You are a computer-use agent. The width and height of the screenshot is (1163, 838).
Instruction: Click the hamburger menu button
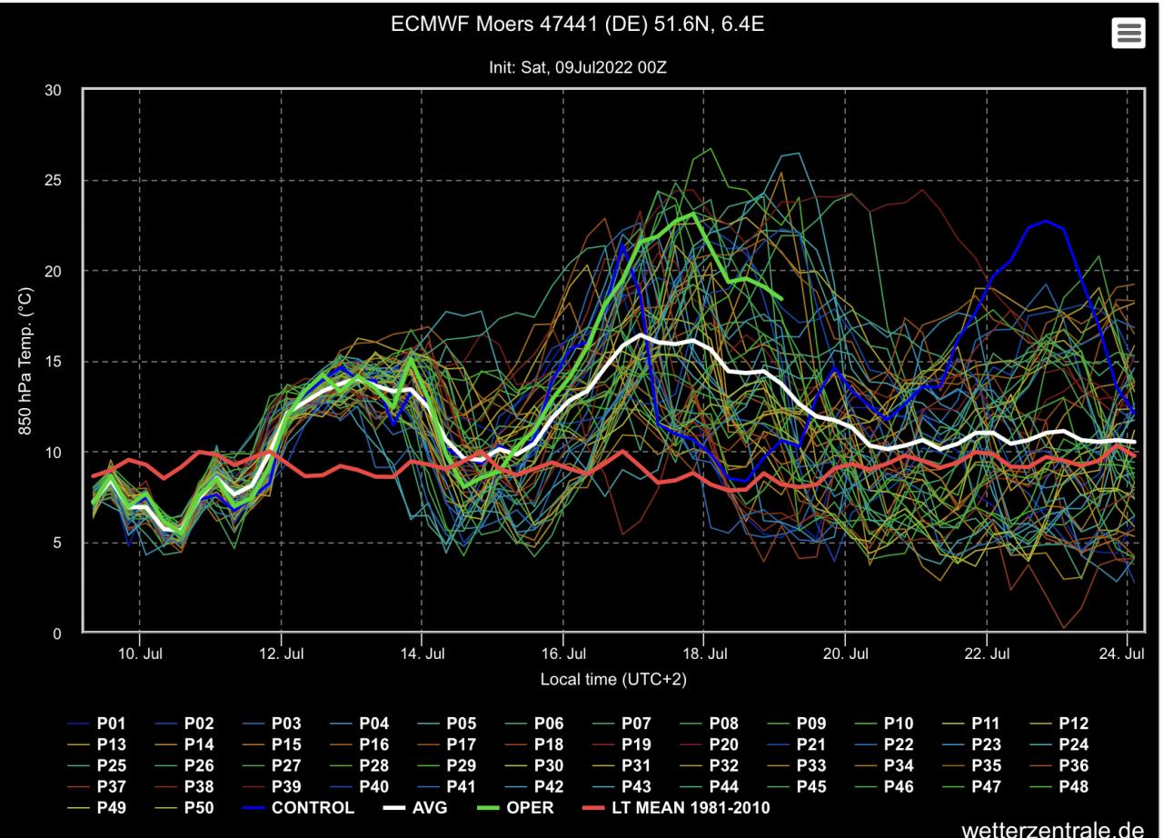click(x=1128, y=34)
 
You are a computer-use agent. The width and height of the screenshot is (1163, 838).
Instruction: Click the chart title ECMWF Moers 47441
click(x=577, y=25)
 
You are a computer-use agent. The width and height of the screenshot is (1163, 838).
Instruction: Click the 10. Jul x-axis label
click(x=140, y=653)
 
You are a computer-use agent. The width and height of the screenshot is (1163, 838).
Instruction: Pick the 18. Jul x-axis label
click(x=704, y=653)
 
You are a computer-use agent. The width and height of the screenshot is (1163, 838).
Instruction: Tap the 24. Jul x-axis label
click(x=1127, y=653)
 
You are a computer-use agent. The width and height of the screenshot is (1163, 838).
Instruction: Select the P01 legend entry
click(x=111, y=724)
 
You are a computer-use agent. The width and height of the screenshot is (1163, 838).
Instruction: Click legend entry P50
click(x=198, y=807)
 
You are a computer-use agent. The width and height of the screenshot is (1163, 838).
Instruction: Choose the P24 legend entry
click(x=1073, y=744)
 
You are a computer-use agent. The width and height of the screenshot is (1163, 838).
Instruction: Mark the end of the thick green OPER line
click(x=780, y=297)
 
